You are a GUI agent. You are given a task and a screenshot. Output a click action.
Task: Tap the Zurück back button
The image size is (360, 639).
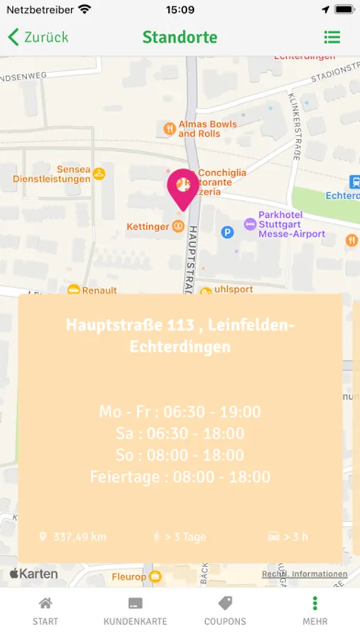(38, 38)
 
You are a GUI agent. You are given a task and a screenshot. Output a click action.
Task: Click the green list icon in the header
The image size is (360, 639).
(332, 38)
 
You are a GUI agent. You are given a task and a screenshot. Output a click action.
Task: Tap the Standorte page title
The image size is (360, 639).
(180, 38)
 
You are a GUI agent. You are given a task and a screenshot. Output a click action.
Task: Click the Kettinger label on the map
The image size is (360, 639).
(148, 226)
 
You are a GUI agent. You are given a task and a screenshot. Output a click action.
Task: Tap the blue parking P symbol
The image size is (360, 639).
(227, 231)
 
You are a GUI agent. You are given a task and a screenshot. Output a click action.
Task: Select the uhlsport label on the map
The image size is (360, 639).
(231, 290)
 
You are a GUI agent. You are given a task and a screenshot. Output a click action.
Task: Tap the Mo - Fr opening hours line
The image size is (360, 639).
(180, 412)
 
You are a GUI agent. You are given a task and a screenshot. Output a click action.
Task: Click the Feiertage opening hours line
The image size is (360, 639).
(180, 476)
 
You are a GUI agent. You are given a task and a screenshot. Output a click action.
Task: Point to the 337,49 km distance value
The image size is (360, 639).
(79, 537)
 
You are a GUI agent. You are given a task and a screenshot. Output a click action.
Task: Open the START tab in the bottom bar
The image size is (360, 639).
(45, 611)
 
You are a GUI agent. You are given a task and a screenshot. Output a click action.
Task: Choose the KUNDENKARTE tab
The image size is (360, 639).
(135, 611)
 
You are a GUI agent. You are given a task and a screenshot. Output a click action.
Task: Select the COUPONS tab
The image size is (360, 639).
(225, 611)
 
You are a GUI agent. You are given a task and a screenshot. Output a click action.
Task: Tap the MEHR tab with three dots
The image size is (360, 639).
(315, 611)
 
